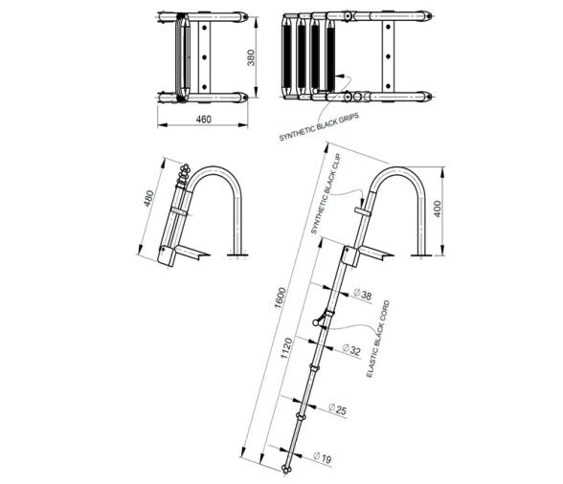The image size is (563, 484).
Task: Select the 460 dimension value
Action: (x=203, y=119)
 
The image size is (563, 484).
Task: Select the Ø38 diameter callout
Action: (x=362, y=296)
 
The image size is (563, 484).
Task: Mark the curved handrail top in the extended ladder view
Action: (x=394, y=172)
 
